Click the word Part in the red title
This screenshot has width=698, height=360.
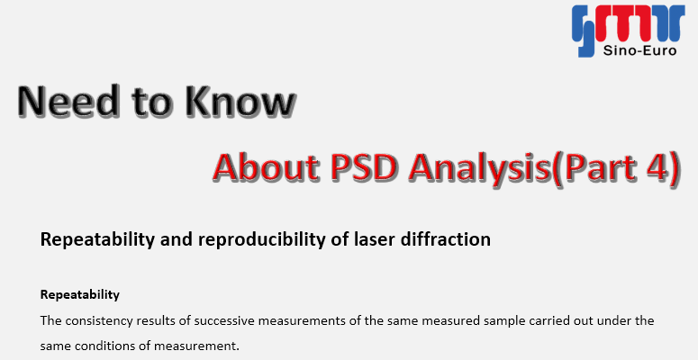pos(600,167)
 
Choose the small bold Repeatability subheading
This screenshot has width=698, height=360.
pos(80,295)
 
